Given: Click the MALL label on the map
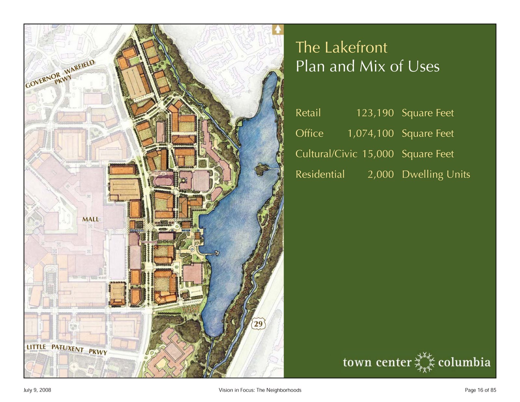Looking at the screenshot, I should tap(90, 219).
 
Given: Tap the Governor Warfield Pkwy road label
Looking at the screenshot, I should tap(60, 74).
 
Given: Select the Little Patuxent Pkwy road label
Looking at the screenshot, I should tap(67, 349).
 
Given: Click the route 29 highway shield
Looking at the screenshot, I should tap(258, 324).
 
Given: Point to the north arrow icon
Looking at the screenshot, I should tap(278, 29).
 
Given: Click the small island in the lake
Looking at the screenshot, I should tap(262, 169).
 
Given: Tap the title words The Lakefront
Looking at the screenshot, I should tap(341, 47).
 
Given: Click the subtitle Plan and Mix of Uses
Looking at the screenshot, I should tap(367, 66).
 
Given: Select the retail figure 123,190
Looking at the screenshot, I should tap(375, 113).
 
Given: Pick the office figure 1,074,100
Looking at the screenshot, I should tap(370, 133).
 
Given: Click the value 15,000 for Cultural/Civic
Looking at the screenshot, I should tap(378, 154).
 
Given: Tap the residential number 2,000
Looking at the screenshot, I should tap(381, 174).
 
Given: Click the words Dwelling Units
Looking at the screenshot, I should tap(436, 175).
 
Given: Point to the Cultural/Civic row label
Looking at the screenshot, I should tap(326, 154).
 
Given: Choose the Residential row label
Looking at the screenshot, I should tap(320, 174).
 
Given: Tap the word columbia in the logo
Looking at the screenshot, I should tap(464, 362).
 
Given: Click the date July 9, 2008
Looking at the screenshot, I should tap(37, 390).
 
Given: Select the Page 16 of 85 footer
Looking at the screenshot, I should tap(480, 390).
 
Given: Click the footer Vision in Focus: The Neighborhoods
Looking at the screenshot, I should tap(260, 390).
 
